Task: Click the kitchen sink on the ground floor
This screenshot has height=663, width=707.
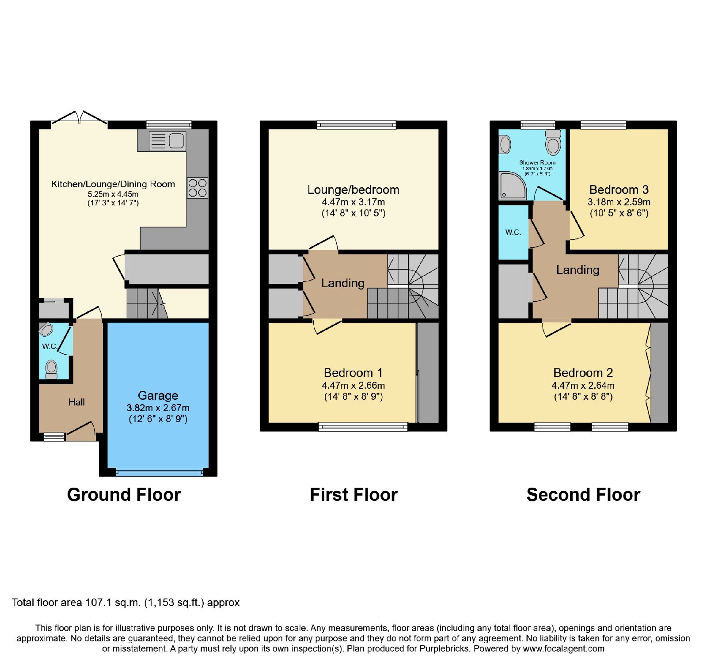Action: click(x=167, y=141)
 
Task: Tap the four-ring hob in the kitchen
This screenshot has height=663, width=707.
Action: click(x=198, y=188)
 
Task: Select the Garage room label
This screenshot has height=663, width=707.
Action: click(x=158, y=395)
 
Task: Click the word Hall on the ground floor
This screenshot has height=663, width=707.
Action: click(x=76, y=402)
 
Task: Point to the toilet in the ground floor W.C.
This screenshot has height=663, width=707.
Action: click(x=52, y=369)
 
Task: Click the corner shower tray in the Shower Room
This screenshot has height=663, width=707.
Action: click(x=513, y=186)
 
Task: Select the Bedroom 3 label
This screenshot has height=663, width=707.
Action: click(x=619, y=190)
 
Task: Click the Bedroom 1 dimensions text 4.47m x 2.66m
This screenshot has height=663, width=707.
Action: click(x=353, y=386)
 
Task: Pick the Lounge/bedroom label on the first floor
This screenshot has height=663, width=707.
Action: click(x=353, y=190)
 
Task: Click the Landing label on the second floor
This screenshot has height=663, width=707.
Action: click(x=578, y=270)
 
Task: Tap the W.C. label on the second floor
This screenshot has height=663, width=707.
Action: click(x=513, y=232)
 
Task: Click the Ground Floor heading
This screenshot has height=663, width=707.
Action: click(x=124, y=495)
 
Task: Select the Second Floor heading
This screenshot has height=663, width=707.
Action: click(x=583, y=495)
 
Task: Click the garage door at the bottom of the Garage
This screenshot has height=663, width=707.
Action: click(x=158, y=472)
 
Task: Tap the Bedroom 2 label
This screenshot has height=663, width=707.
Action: click(x=583, y=373)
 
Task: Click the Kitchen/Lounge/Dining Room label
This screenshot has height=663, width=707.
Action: click(x=113, y=184)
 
